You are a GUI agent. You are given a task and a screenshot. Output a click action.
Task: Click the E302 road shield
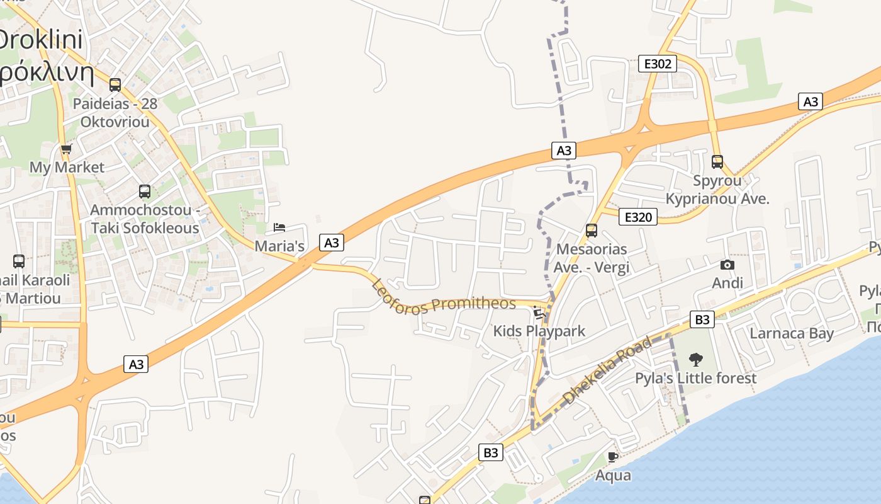658,63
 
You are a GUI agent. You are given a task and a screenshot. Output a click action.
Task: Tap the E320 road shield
638,217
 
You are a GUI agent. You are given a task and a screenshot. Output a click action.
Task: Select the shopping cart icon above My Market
66,149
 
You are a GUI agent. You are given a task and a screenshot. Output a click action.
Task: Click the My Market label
67,168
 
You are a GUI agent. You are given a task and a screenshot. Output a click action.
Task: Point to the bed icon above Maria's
279,227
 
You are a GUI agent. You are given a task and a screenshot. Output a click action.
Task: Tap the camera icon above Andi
727,265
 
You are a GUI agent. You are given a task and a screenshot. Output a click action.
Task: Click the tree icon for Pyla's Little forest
695,360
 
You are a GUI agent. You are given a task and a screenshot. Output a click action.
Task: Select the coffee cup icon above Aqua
613,457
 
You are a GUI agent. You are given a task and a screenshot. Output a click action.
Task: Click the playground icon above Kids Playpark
538,312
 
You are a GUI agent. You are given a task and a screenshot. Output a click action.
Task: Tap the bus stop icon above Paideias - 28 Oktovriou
115,84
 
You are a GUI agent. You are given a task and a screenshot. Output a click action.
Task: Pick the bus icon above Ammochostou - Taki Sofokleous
145,191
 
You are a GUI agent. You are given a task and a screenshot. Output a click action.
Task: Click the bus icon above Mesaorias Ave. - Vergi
591,231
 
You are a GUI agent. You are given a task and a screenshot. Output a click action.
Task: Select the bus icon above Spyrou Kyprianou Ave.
717,162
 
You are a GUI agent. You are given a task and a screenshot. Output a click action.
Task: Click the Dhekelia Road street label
607,371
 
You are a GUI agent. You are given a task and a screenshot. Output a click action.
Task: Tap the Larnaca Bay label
792,333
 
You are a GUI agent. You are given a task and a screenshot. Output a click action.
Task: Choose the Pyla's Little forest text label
695,379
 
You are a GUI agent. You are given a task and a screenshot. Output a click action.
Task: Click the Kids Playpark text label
539,331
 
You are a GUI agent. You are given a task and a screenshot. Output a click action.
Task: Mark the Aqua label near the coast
613,475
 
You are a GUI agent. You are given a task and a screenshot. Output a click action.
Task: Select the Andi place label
727,283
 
